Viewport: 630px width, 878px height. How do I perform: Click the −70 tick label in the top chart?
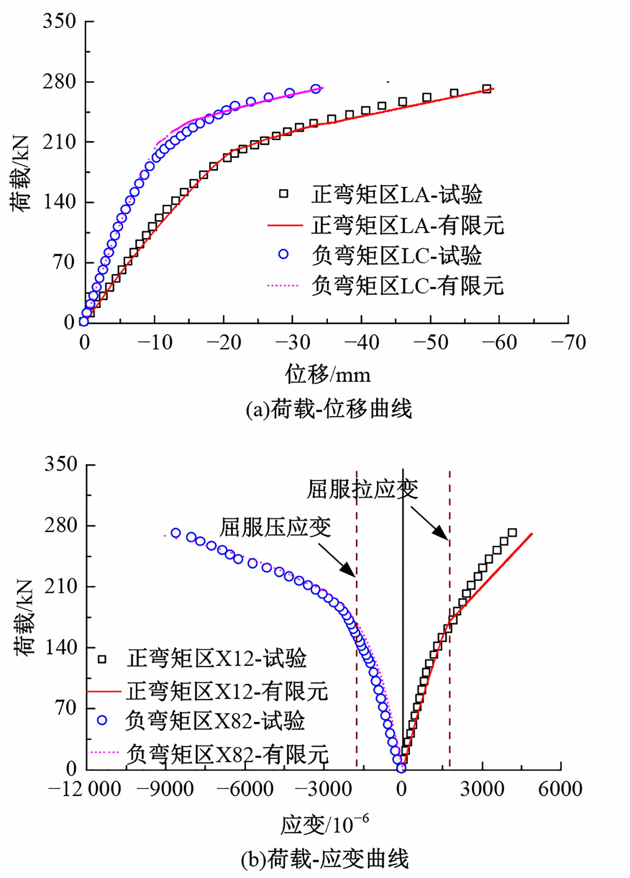(568, 343)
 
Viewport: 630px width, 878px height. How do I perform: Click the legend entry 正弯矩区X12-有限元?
(227, 691)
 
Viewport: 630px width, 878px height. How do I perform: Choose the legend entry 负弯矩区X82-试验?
(215, 721)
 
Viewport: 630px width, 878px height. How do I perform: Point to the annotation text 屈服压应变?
(275, 527)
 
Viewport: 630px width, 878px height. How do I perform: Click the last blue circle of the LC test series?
(316, 89)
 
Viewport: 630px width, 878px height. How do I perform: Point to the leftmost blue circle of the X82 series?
(175, 533)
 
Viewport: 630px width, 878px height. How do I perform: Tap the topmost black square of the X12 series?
(512, 533)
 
